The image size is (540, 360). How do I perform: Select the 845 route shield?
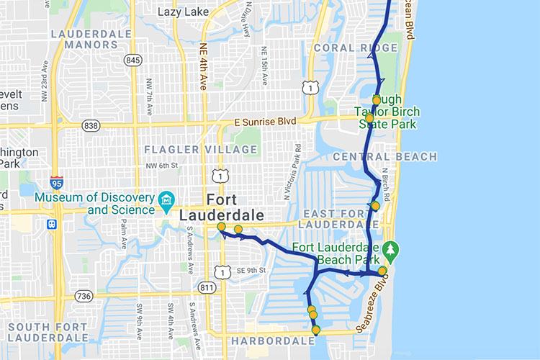(x=132, y=60)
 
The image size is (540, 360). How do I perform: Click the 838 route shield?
(x=91, y=126)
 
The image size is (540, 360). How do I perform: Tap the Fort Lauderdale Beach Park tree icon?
(x=391, y=249)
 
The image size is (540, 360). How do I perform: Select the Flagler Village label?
(x=200, y=149)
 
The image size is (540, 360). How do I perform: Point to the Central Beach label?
(x=384, y=157)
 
